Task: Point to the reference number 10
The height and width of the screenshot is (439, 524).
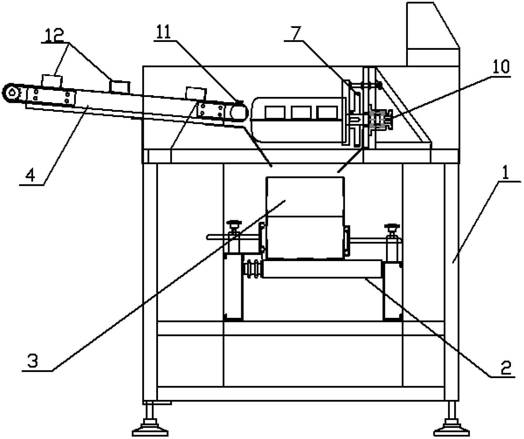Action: coord(501,67)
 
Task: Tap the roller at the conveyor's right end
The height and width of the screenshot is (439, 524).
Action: coord(239,112)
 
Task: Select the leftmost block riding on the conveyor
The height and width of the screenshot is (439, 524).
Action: coord(52,81)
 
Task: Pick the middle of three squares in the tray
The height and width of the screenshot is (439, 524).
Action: coord(301,113)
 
